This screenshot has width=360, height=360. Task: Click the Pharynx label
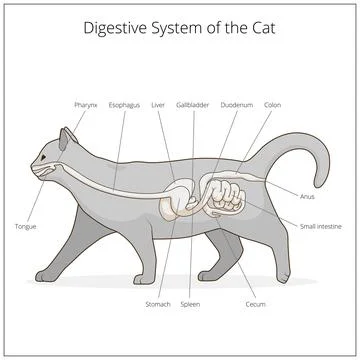point(85,104)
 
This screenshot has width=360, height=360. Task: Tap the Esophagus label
point(125,104)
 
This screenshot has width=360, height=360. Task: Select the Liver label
point(158,104)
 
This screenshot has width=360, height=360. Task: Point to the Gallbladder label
point(192,104)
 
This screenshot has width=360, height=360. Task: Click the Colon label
point(272,104)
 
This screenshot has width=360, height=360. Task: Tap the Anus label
point(306,197)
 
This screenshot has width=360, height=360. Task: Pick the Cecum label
point(256,304)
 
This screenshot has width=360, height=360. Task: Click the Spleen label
point(192,304)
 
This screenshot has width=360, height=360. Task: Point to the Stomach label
point(158,304)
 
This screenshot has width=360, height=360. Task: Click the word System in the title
point(180,28)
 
